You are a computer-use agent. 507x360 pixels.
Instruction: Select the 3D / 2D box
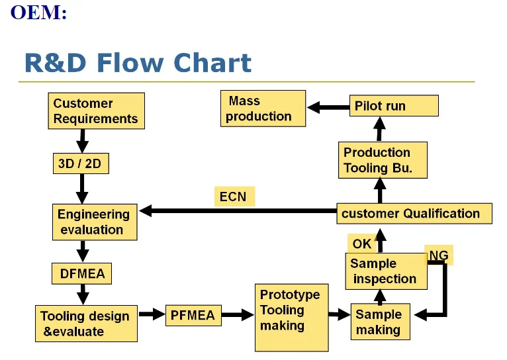click(x=79, y=163)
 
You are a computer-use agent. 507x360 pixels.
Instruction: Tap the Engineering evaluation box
click(x=95, y=222)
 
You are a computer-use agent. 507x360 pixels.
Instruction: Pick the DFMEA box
click(x=82, y=273)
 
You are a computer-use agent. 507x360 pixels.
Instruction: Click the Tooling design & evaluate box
click(x=86, y=324)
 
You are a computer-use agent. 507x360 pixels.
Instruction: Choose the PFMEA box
click(x=193, y=316)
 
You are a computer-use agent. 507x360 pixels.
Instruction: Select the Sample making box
click(x=379, y=322)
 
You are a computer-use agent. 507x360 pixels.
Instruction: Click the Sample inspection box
click(x=386, y=271)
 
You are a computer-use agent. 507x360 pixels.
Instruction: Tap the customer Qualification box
click(x=414, y=214)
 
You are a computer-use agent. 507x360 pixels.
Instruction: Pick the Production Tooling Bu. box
click(x=382, y=160)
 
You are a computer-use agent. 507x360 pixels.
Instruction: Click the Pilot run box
click(x=394, y=106)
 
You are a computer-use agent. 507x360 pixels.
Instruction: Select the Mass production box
click(x=263, y=109)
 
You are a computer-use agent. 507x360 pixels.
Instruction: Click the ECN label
click(x=233, y=197)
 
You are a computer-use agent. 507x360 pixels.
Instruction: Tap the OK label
click(x=362, y=244)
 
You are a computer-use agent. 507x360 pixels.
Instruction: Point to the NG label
click(x=439, y=255)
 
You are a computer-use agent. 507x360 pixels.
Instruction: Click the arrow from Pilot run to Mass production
click(x=328, y=106)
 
